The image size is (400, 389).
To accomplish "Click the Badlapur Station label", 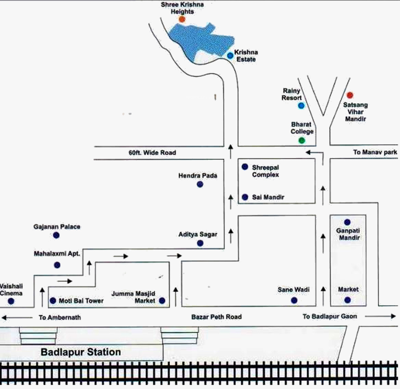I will [81, 352].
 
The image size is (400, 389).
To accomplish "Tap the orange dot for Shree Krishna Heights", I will [182, 19].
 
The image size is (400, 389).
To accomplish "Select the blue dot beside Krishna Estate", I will [230, 56].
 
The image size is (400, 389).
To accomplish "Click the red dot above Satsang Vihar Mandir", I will [350, 95].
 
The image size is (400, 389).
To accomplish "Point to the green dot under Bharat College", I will [302, 140].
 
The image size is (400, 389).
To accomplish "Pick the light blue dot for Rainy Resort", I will [301, 105].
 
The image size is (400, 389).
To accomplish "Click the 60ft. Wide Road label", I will [152, 153].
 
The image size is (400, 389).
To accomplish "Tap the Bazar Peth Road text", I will [216, 317].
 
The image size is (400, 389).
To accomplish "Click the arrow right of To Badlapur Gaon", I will [380, 316].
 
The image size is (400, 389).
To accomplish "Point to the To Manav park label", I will [375, 152].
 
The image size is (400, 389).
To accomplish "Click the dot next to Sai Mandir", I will [245, 197].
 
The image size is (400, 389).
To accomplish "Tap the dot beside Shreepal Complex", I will [245, 167].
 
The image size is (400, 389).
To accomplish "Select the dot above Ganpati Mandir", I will [347, 222].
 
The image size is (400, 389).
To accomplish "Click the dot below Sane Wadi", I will [294, 300].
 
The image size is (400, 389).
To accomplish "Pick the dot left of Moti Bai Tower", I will [53, 301].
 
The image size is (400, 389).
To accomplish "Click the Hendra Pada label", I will [198, 175].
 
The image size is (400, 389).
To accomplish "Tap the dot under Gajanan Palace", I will [56, 235].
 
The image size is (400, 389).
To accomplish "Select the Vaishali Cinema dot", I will [11, 301].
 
